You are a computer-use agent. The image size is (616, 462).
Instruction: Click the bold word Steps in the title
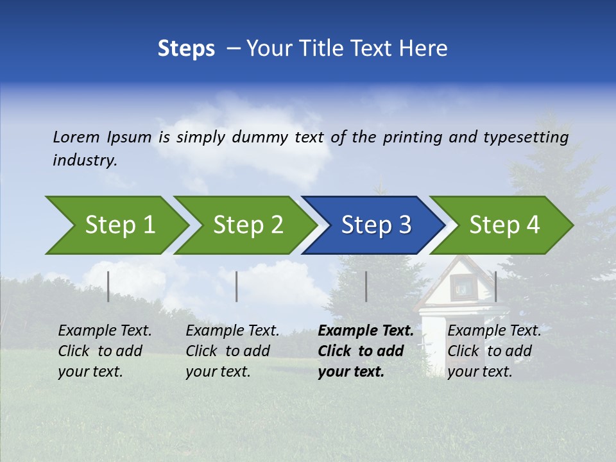coord(186,49)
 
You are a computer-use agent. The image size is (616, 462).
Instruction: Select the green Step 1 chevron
coord(119,225)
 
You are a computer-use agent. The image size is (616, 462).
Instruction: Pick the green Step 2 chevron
coord(247,225)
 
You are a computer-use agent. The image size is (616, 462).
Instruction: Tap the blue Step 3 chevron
coord(375,225)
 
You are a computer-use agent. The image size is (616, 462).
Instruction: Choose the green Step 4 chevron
coord(504,225)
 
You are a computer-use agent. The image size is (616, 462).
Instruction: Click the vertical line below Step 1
coord(108,286)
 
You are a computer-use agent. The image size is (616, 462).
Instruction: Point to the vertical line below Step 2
coord(237,286)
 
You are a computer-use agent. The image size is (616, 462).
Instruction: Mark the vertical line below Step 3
coord(366,286)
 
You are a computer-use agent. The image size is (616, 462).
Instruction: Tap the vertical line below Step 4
coord(495,286)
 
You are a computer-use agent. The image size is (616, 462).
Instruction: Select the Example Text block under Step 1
coord(105,351)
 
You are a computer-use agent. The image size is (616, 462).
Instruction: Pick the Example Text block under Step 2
coord(232,351)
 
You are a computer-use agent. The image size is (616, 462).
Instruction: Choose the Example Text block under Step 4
coord(493,351)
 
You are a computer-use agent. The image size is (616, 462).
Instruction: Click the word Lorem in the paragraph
coord(76,137)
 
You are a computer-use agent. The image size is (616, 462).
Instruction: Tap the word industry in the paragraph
coord(84,160)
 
